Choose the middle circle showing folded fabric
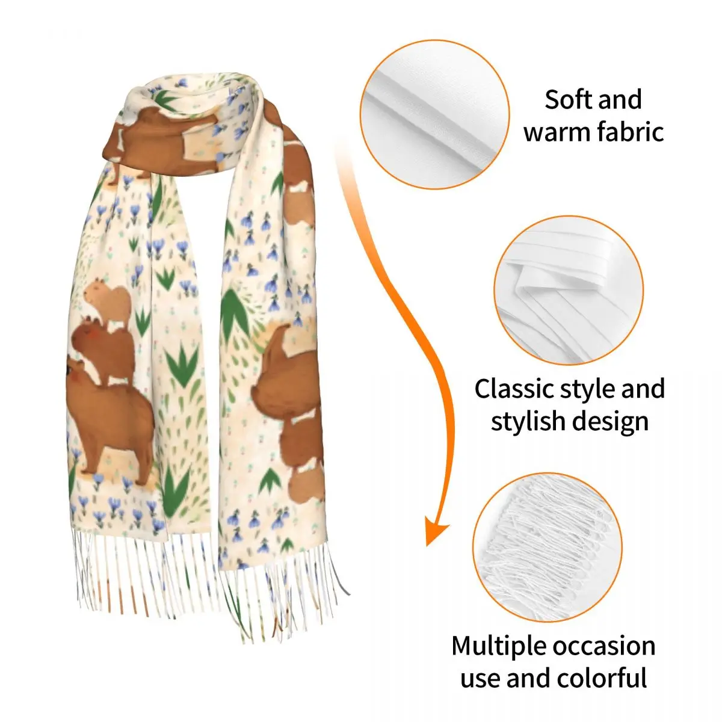tap(569, 291)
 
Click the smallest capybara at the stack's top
tap(107, 301)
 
